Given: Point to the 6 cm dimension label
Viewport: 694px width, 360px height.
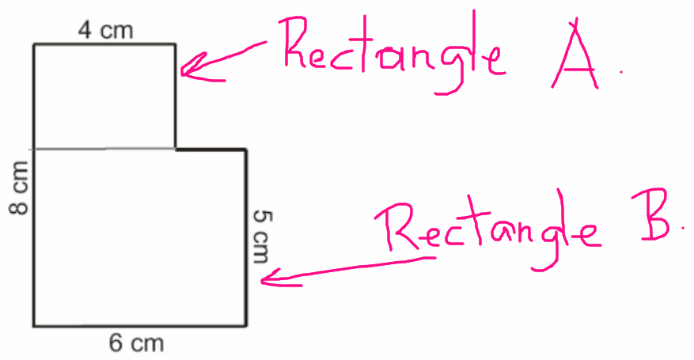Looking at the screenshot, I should click(x=136, y=343).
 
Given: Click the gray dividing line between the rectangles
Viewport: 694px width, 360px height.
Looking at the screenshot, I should click(x=104, y=149).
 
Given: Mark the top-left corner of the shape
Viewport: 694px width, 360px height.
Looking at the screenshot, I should click(x=33, y=45).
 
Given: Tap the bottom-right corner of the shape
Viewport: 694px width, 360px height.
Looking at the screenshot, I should click(x=247, y=325).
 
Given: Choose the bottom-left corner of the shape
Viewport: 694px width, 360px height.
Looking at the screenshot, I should click(x=33, y=325).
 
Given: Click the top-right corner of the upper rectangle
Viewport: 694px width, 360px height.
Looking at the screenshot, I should click(x=176, y=45).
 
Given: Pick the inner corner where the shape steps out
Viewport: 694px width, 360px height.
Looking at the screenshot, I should click(x=176, y=149).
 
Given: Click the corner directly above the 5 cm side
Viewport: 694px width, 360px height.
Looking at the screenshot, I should click(x=247, y=149).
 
